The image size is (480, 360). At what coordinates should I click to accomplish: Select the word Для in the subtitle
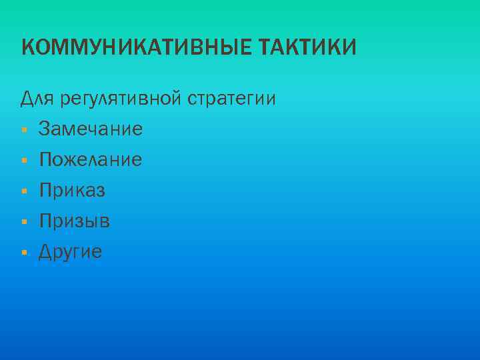35,99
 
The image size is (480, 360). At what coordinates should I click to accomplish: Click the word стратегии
231,100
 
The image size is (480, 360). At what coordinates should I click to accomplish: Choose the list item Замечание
91,129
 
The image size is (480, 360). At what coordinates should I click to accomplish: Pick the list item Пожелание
91,159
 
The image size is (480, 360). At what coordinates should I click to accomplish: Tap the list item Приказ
72,191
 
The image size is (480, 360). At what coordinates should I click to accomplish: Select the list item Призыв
75,221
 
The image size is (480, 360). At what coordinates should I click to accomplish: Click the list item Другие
71,252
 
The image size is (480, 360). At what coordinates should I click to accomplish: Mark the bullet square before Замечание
23,129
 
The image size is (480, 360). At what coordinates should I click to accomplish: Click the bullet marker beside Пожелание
23,160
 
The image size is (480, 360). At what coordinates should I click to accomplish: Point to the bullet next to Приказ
23,191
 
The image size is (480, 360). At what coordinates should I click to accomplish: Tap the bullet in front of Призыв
23,222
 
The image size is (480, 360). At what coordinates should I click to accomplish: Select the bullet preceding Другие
23,253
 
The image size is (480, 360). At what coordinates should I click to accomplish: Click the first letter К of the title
27,48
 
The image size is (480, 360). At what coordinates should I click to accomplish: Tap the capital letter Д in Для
27,99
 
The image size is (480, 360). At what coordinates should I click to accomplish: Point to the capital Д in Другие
45,252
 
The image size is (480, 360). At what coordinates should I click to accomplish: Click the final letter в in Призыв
105,221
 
